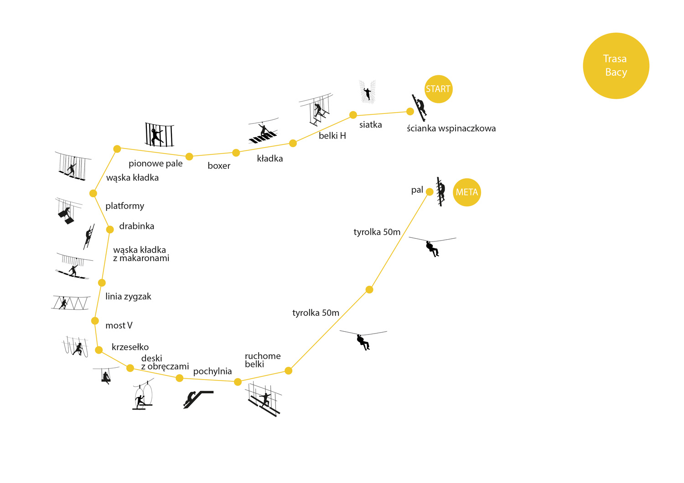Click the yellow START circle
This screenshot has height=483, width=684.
point(438,89)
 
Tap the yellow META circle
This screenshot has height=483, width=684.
point(467,192)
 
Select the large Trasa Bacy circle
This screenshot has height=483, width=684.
point(616,66)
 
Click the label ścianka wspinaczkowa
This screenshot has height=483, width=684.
point(451,128)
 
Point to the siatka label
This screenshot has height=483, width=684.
point(370,125)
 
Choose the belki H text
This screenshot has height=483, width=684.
point(332,136)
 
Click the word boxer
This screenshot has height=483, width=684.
point(219,166)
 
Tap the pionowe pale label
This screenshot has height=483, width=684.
point(155,164)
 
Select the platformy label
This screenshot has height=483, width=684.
point(124,206)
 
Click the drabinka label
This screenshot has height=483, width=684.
point(136,226)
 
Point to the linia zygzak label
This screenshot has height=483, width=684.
point(128,297)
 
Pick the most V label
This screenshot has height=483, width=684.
point(119,325)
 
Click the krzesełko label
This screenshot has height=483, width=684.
point(130,347)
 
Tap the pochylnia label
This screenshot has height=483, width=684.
point(212,371)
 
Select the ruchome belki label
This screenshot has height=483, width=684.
point(262,360)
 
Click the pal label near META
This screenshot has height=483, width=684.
point(417,190)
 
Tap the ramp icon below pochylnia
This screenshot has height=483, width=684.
point(198,399)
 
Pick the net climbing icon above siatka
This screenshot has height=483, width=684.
point(367,92)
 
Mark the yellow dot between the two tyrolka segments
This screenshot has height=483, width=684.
point(369,289)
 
